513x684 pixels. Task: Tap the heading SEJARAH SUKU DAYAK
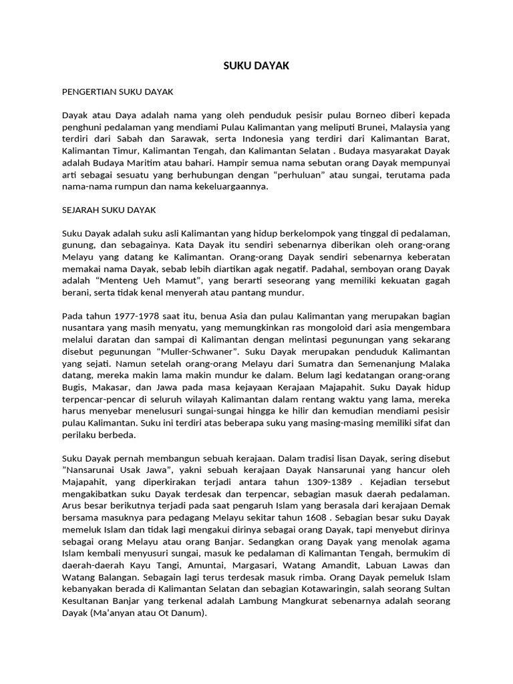[x=109, y=210]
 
